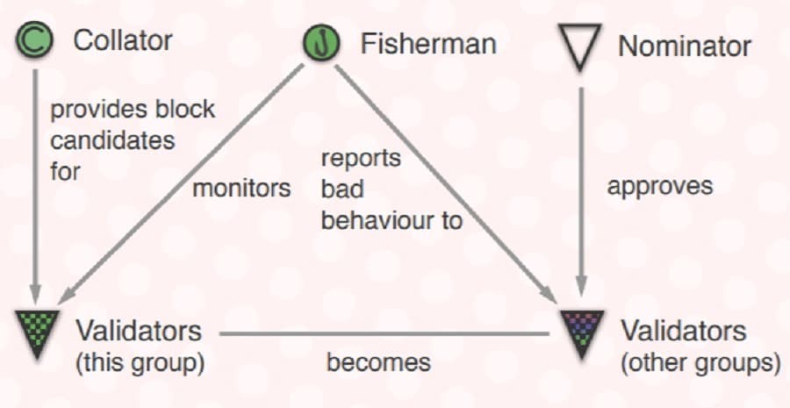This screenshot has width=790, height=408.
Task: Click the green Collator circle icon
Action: (36, 39)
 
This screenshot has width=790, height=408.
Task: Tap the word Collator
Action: (123, 39)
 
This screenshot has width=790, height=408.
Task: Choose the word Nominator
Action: (685, 46)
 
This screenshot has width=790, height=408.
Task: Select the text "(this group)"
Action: (140, 362)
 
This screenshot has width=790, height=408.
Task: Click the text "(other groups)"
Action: (700, 362)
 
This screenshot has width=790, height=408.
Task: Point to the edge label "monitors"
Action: (241, 188)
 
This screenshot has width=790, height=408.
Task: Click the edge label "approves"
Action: (660, 186)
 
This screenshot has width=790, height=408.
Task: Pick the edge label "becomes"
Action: (378, 362)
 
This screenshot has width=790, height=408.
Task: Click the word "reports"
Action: (361, 159)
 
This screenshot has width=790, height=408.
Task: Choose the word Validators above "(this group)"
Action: (139, 332)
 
